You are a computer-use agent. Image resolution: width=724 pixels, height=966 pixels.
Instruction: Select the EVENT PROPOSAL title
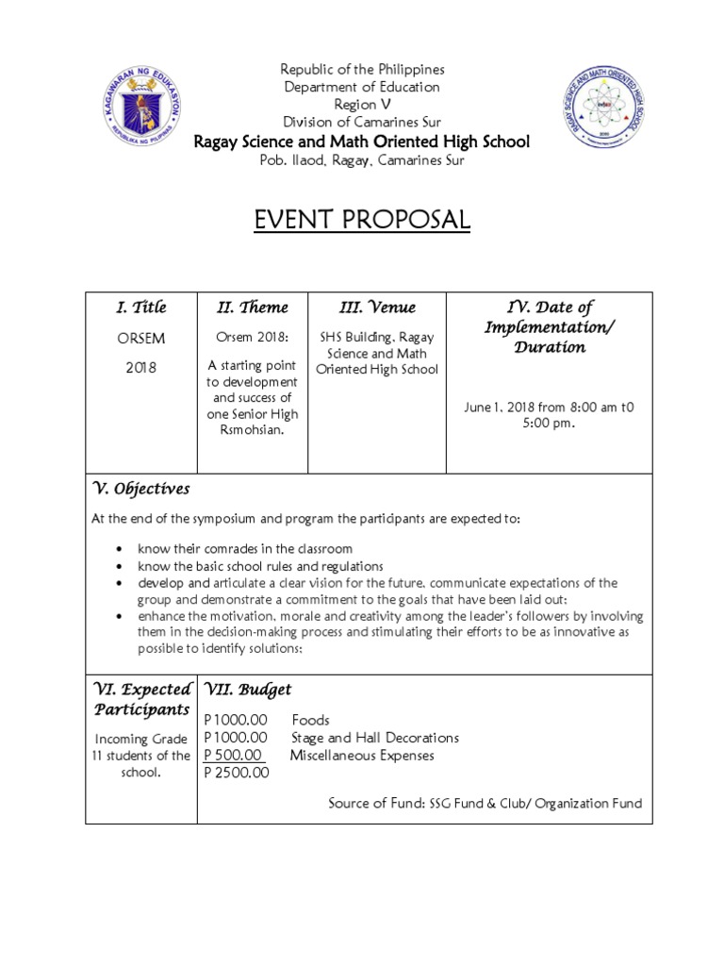click(x=362, y=220)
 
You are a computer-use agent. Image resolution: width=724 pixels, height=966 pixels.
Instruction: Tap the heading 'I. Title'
click(x=140, y=308)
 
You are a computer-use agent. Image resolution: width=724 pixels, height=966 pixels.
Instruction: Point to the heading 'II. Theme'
click(x=254, y=308)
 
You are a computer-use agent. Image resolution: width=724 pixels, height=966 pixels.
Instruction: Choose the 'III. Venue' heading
click(x=377, y=308)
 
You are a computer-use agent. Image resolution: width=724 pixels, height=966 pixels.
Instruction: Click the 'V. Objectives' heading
click(x=140, y=489)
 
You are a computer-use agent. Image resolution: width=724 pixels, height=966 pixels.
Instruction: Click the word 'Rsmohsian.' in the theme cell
click(x=253, y=431)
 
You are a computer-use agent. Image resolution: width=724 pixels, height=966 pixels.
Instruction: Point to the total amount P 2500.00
click(x=237, y=774)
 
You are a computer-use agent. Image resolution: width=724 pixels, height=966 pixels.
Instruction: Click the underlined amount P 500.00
click(x=235, y=756)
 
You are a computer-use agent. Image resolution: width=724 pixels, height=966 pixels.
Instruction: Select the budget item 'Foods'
click(x=311, y=721)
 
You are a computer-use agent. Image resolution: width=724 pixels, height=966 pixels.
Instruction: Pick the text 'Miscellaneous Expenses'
click(x=363, y=756)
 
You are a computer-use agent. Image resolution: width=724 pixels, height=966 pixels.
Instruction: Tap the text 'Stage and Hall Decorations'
click(x=375, y=738)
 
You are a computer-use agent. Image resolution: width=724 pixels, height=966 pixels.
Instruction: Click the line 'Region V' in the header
click(x=355, y=105)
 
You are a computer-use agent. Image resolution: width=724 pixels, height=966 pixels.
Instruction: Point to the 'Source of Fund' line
click(x=485, y=804)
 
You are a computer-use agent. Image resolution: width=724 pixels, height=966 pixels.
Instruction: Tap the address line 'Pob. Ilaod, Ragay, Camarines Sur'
click(x=362, y=160)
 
